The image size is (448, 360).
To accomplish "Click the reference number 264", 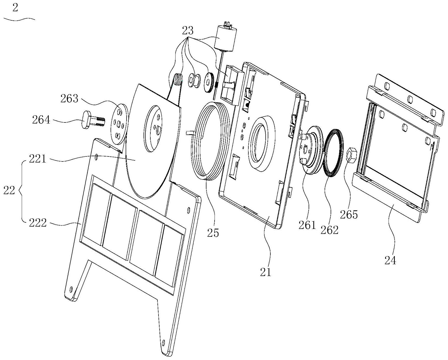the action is (x=41, y=120).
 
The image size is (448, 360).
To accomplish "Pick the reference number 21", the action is (x=265, y=272).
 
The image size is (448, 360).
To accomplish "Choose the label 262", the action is (x=330, y=230).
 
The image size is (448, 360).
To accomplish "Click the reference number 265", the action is (x=349, y=215).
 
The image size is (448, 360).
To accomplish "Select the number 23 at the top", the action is (x=188, y=31).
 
